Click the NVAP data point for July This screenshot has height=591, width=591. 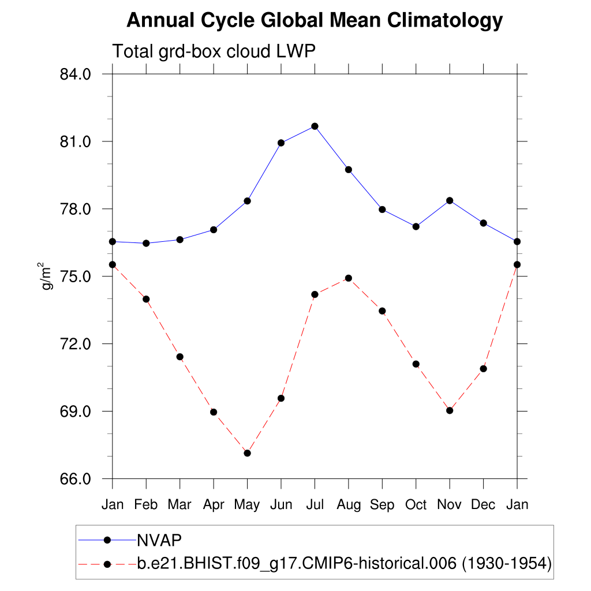click(315, 126)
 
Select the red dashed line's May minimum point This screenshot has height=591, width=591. click(247, 453)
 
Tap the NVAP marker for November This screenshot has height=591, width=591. click(450, 200)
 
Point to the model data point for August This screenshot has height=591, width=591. click(348, 278)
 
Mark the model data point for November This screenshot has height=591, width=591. click(450, 410)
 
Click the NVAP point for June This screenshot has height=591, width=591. click(281, 143)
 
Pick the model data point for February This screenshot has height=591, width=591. click(146, 299)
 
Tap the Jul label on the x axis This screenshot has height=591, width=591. click(315, 504)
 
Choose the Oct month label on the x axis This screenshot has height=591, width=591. click(416, 504)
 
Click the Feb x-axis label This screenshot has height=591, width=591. click(146, 504)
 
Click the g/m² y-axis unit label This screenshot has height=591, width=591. click(47, 276)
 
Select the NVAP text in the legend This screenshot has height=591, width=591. click(159, 540)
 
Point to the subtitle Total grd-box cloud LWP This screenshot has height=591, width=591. click(214, 51)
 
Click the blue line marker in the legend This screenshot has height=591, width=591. click(107, 540)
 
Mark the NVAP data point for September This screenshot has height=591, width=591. click(382, 210)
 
